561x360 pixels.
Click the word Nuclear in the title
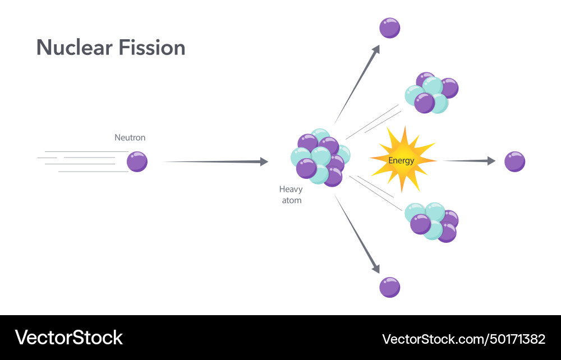click(x=74, y=48)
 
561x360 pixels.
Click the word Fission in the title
click(x=152, y=48)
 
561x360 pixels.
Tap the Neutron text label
click(x=130, y=137)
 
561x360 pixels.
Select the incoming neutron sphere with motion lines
click(x=137, y=161)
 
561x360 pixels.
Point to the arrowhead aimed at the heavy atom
click(x=264, y=161)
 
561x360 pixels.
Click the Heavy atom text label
click(x=291, y=195)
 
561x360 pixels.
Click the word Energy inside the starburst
click(x=401, y=160)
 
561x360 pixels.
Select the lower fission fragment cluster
click(x=432, y=221)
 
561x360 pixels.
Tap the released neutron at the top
click(x=389, y=27)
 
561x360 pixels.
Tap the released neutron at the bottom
click(x=389, y=287)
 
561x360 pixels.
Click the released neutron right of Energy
click(x=514, y=161)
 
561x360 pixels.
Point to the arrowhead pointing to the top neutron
click(x=376, y=49)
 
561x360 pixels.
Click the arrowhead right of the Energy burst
click(x=491, y=161)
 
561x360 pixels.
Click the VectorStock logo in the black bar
click(x=69, y=338)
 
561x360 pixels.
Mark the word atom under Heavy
click(x=291, y=200)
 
